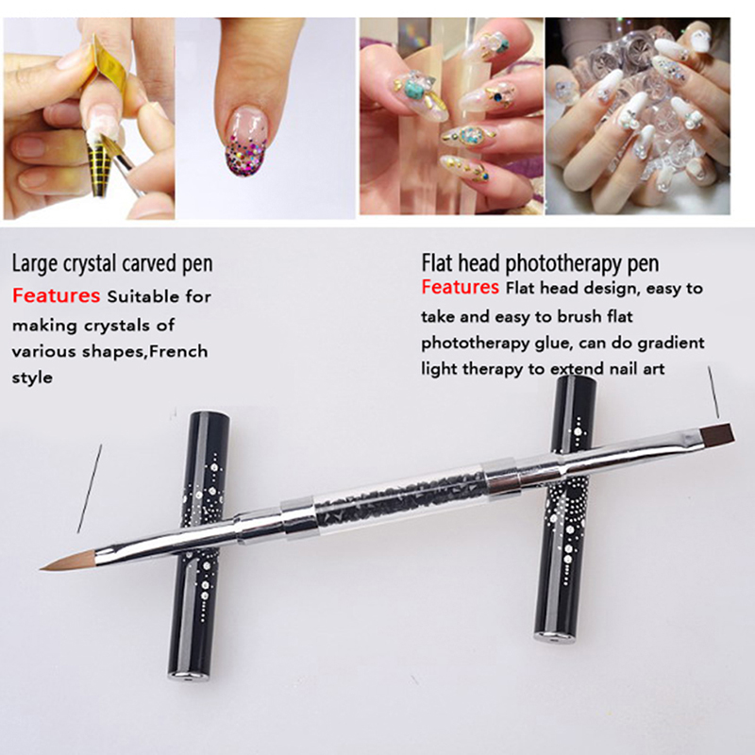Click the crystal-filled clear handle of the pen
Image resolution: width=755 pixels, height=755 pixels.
coord(399,500)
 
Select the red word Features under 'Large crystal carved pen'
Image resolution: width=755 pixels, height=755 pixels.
coord(56,295)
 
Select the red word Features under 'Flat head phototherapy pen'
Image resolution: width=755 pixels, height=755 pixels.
coord(460,287)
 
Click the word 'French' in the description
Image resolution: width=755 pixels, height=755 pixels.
coord(178,351)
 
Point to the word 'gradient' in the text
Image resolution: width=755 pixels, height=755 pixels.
coord(671,343)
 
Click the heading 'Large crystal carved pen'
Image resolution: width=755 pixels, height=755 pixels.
coord(112,263)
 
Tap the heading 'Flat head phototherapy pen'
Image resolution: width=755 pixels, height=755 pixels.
coord(540,263)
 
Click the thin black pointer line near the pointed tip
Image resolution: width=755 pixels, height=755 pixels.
coord(90,489)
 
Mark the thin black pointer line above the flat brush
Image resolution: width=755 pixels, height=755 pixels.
coord(713,392)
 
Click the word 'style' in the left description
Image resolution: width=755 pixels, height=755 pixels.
coord(32,377)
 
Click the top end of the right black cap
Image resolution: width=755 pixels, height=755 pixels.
coord(577,380)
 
